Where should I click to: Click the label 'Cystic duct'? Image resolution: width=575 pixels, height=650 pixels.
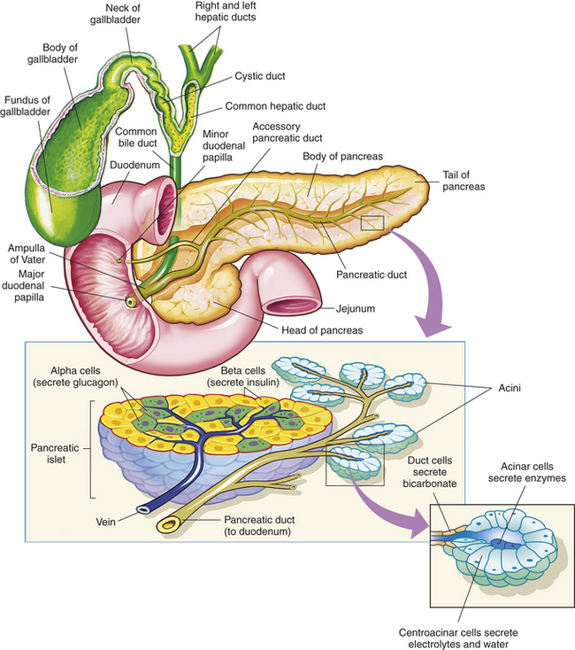(260, 76)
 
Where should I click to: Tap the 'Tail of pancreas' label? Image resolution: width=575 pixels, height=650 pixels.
(464, 181)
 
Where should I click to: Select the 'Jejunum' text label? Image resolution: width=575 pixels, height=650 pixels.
(356, 309)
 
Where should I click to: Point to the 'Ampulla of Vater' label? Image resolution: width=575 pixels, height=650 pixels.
(27, 253)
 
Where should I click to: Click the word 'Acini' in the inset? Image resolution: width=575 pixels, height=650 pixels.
(510, 388)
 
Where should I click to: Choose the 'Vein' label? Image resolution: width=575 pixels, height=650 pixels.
(105, 522)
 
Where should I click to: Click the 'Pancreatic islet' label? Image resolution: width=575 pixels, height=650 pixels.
(55, 453)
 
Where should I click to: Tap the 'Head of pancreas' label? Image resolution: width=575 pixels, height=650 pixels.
(322, 330)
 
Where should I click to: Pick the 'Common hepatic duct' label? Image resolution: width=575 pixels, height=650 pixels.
(275, 106)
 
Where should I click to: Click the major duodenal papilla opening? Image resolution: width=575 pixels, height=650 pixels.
(131, 301)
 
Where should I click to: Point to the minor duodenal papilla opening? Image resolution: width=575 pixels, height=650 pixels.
(119, 260)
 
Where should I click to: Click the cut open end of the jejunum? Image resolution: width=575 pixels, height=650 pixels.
(292, 306)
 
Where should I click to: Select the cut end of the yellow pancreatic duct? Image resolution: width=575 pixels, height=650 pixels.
(168, 525)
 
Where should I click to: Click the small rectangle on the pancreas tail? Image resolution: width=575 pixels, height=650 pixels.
(372, 222)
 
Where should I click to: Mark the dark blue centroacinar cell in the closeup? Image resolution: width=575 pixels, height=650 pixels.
(500, 543)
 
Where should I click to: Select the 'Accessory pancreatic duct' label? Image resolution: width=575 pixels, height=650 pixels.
(287, 132)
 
